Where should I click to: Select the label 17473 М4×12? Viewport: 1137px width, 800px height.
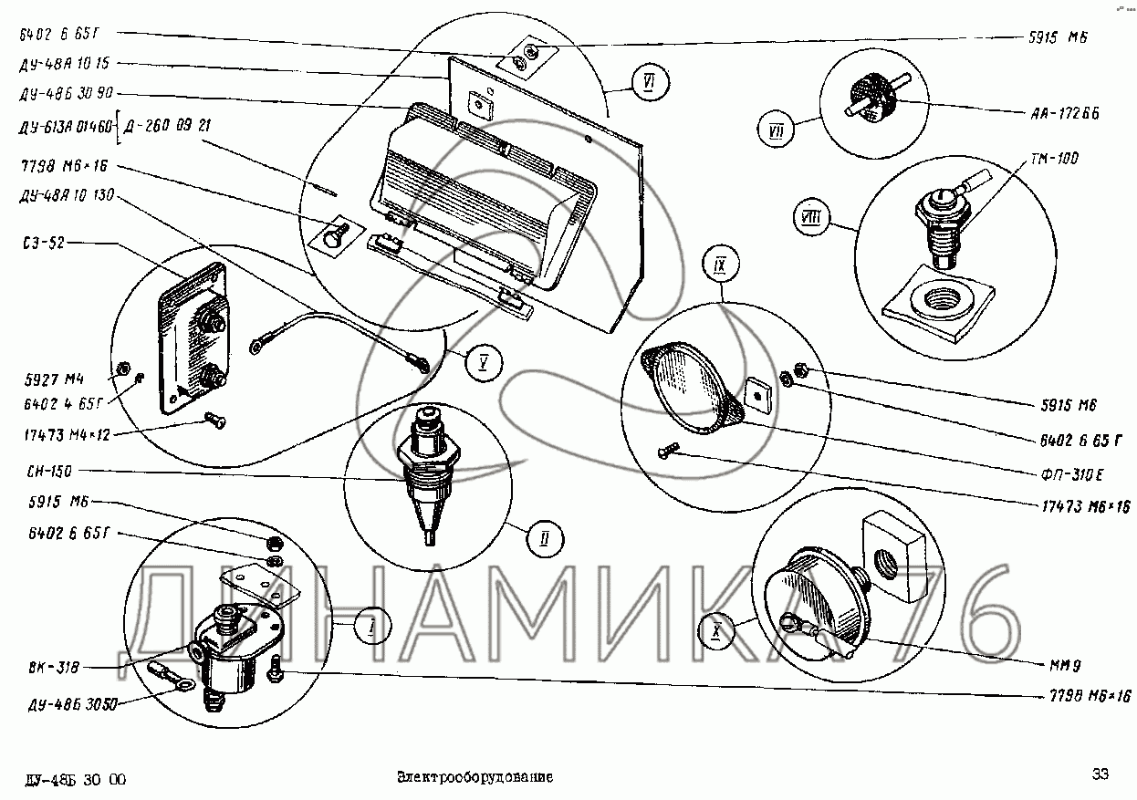(x=60, y=435)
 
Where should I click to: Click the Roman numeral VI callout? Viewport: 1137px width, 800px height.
(x=647, y=85)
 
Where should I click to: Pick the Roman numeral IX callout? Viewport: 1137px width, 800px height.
(x=719, y=266)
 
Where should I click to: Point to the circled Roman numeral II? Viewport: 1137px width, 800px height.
(x=544, y=537)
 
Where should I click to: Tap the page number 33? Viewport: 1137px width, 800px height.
(x=1100, y=774)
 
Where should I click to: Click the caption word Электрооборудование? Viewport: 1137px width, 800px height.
(x=475, y=778)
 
